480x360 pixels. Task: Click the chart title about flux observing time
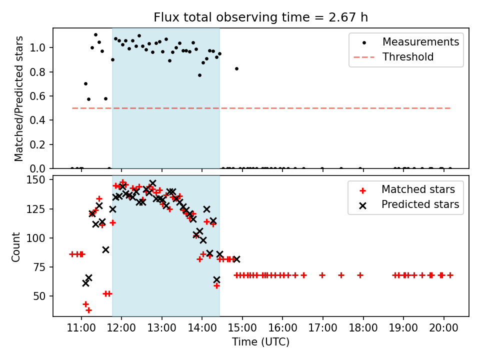pyautogui.click(x=260, y=17)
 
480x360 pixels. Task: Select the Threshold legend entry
pyautogui.click(x=393, y=57)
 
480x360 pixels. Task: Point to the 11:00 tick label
pyautogui.click(x=81, y=328)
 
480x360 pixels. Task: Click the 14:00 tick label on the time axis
pyautogui.click(x=201, y=328)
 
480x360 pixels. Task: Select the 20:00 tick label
pyautogui.click(x=443, y=328)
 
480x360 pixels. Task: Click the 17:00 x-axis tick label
pyautogui.click(x=322, y=328)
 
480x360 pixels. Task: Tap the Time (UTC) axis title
pyautogui.click(x=260, y=342)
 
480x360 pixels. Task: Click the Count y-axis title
pyautogui.click(x=15, y=246)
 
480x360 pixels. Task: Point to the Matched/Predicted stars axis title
pyautogui.click(x=18, y=98)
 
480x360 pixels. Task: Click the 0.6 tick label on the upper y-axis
pyautogui.click(x=37, y=96)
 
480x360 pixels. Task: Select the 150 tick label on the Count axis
pyautogui.click(x=36, y=179)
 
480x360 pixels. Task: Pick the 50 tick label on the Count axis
pyautogui.click(x=39, y=296)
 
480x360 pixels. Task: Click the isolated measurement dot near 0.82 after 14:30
pyautogui.click(x=236, y=69)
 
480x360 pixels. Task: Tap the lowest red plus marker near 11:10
pyautogui.click(x=89, y=310)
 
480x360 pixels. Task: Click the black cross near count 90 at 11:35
pyautogui.click(x=105, y=250)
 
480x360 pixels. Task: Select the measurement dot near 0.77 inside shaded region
pyautogui.click(x=199, y=75)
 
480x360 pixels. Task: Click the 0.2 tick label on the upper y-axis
pyautogui.click(x=37, y=144)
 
